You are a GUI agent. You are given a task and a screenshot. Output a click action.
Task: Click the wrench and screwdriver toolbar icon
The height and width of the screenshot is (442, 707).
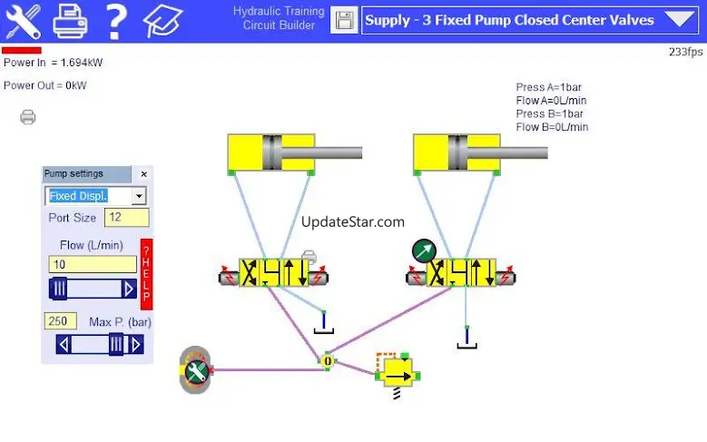pos(23,20)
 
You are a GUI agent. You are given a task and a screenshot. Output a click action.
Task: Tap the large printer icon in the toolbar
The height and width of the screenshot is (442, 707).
pos(70,20)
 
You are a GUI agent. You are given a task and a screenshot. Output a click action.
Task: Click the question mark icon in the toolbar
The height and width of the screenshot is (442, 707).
pos(115,20)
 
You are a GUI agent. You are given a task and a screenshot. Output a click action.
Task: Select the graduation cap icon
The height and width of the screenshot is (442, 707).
pos(163,20)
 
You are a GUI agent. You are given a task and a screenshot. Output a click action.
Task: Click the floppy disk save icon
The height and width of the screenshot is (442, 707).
pos(344,20)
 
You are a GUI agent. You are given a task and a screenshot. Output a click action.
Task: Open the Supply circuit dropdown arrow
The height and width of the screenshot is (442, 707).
pos(678,20)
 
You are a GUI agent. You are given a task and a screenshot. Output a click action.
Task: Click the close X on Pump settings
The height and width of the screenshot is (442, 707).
pos(143,173)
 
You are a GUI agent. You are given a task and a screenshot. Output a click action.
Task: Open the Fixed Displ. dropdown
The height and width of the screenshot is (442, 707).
pos(138,196)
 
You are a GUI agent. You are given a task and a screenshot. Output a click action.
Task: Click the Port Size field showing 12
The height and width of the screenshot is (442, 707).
pos(126,218)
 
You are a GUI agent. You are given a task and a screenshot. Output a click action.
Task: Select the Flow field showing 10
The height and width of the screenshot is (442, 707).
pos(92,264)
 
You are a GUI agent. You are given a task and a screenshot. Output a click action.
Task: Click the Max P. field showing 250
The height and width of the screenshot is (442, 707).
pos(60,321)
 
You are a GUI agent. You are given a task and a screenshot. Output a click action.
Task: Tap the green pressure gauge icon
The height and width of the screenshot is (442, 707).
pos(423,250)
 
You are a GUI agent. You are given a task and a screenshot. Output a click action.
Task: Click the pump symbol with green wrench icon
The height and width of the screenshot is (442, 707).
pos(195,369)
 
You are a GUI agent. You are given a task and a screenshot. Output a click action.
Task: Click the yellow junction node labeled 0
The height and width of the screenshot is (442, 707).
pos(328,360)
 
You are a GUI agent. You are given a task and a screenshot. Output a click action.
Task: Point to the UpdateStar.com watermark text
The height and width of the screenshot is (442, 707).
pos(352,221)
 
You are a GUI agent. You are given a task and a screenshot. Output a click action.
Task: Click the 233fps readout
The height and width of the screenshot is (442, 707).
pos(685,52)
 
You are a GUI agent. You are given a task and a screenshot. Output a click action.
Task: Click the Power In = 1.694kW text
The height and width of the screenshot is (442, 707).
pos(53,64)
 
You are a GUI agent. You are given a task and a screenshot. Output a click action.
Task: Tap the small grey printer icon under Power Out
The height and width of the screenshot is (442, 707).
pos(28,116)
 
